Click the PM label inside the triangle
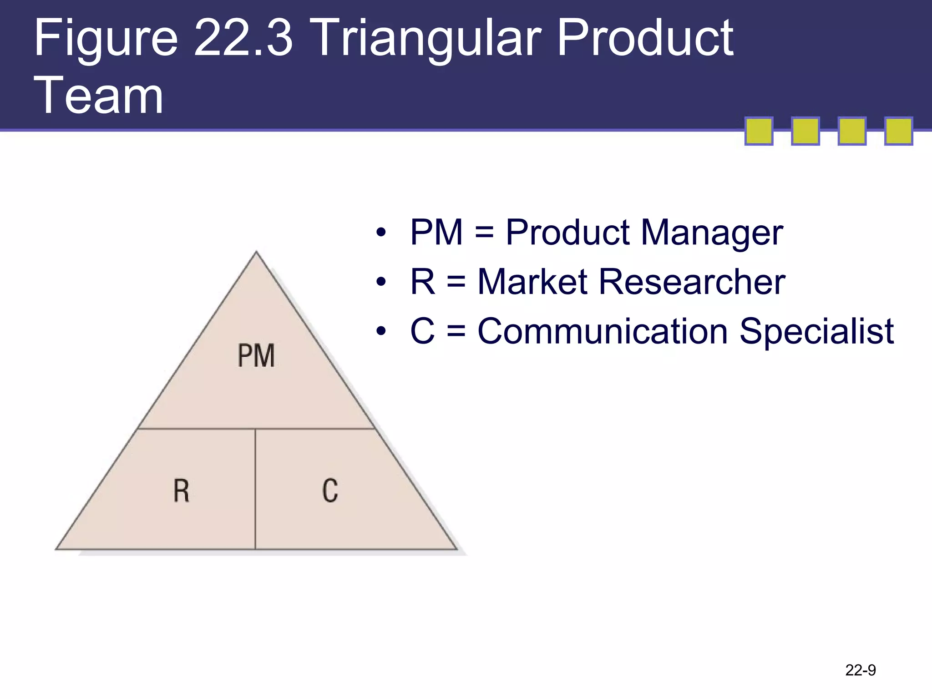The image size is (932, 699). coord(256,355)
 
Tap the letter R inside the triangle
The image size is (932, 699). coord(181,491)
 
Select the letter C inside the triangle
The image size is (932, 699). coord(330,491)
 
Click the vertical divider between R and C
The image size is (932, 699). coord(255,489)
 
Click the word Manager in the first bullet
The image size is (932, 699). coord(712,233)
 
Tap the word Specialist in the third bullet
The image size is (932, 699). coord(816,331)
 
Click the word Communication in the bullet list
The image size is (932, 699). coord(603,331)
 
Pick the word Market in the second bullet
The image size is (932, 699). coord(532,282)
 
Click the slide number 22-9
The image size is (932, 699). coord(860,670)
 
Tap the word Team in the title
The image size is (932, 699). coord(99,96)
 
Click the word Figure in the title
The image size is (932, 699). coord(106,39)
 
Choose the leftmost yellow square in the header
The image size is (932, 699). coord(759,131)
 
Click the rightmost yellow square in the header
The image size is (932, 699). coord(898,131)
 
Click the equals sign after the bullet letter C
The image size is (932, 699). coord(456,332)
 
